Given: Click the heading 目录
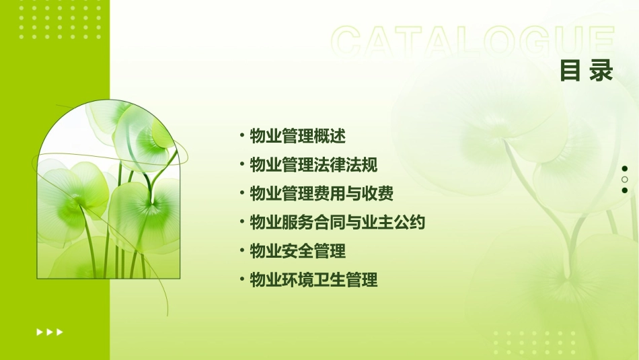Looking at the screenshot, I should point(587,71).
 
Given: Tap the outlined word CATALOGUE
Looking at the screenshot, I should point(473,41).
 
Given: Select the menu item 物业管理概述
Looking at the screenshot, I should point(297,136).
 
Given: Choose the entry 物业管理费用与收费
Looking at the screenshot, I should point(322,194).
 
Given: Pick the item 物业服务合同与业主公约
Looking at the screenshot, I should point(338,222).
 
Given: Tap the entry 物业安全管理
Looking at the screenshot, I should point(297,251).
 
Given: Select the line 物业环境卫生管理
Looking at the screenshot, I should point(313,280).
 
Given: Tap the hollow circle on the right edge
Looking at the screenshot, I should point(625,180).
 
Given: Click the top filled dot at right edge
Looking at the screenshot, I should point(625,168).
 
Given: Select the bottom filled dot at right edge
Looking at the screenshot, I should point(625,190).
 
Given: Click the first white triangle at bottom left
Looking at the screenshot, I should point(39,332).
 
